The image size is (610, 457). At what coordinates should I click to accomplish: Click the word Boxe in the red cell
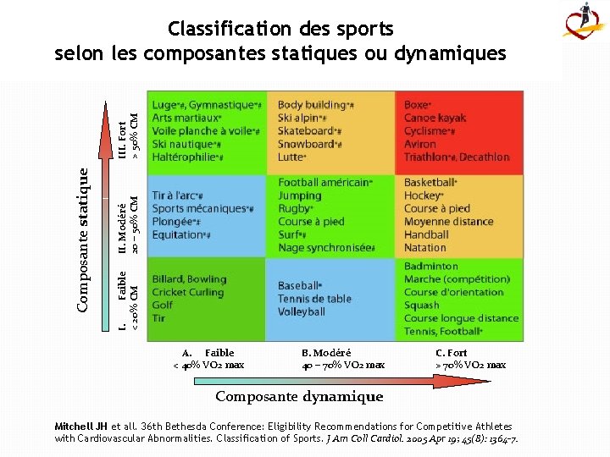[416, 105]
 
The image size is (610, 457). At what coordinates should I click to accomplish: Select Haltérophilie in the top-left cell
[185, 157]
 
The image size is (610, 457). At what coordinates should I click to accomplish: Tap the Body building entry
[312, 105]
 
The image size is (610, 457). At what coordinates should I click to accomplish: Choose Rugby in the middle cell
[294, 208]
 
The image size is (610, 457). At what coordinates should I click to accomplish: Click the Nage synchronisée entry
[325, 248]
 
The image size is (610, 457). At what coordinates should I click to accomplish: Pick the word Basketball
[429, 182]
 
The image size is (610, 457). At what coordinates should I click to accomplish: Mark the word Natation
[424, 248]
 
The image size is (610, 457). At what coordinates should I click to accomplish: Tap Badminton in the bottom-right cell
[430, 266]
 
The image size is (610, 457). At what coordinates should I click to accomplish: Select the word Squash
[421, 305]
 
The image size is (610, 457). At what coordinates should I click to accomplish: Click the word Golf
[162, 305]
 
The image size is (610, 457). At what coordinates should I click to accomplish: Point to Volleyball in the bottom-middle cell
[301, 311]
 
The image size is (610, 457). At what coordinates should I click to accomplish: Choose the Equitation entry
[179, 234]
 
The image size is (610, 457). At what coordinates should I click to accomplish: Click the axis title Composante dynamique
[298, 396]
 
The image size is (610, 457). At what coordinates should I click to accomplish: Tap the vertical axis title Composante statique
[83, 238]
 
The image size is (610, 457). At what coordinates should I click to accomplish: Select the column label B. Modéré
[325, 352]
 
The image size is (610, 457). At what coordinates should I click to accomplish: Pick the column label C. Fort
[451, 352]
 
